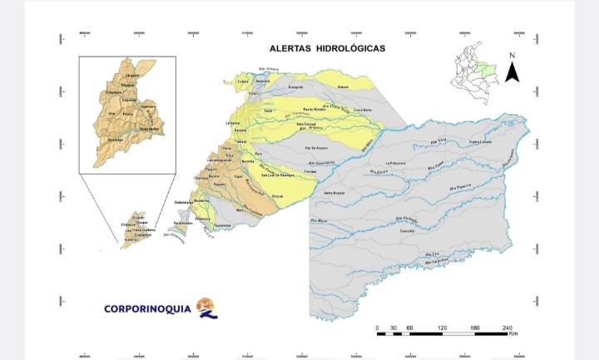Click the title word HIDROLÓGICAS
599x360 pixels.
pyautogui.click(x=347, y=48)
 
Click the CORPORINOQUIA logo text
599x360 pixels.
pyautogui.click(x=147, y=309)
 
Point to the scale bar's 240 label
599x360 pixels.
pyautogui.click(x=507, y=328)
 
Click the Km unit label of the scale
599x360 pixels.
pyautogui.click(x=513, y=335)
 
